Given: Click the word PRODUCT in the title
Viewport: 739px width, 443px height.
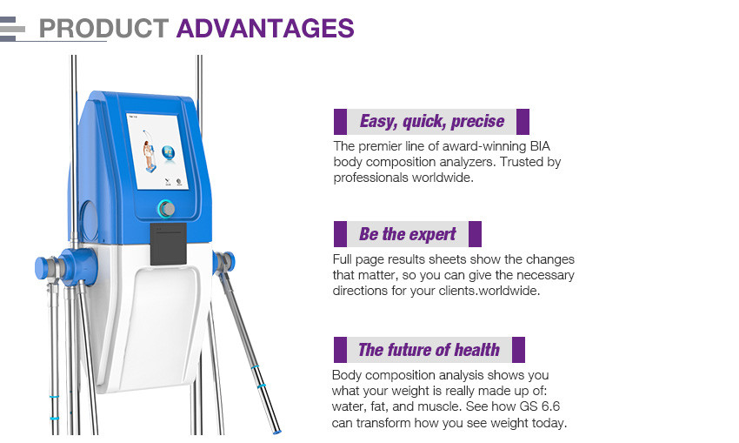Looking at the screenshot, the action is (x=103, y=29).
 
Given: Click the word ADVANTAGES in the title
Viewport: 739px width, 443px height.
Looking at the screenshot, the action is (x=265, y=29).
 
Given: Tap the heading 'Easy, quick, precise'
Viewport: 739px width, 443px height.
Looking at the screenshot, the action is (x=432, y=121).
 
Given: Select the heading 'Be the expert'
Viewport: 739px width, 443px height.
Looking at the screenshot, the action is (x=408, y=234).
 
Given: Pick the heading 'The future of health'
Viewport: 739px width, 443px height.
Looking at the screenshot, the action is (x=429, y=350).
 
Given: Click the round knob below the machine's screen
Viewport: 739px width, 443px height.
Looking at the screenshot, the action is (x=166, y=209).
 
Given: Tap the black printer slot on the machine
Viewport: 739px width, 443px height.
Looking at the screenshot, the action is (x=169, y=244).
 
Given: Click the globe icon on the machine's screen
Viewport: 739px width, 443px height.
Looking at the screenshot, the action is (x=169, y=153).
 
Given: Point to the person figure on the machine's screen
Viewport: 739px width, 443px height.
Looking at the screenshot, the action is (x=149, y=155).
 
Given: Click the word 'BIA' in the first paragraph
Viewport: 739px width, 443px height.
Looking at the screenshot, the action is (x=540, y=146).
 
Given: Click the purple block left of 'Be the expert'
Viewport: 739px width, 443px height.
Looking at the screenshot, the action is (x=340, y=234).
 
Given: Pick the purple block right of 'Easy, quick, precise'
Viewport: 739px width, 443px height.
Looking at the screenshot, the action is (x=523, y=122).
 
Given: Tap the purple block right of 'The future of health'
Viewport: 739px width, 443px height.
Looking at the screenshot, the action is (x=518, y=350).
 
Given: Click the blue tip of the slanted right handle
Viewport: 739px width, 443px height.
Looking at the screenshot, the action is (x=276, y=431).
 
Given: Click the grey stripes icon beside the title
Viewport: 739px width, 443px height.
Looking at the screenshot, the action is (x=12, y=29).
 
